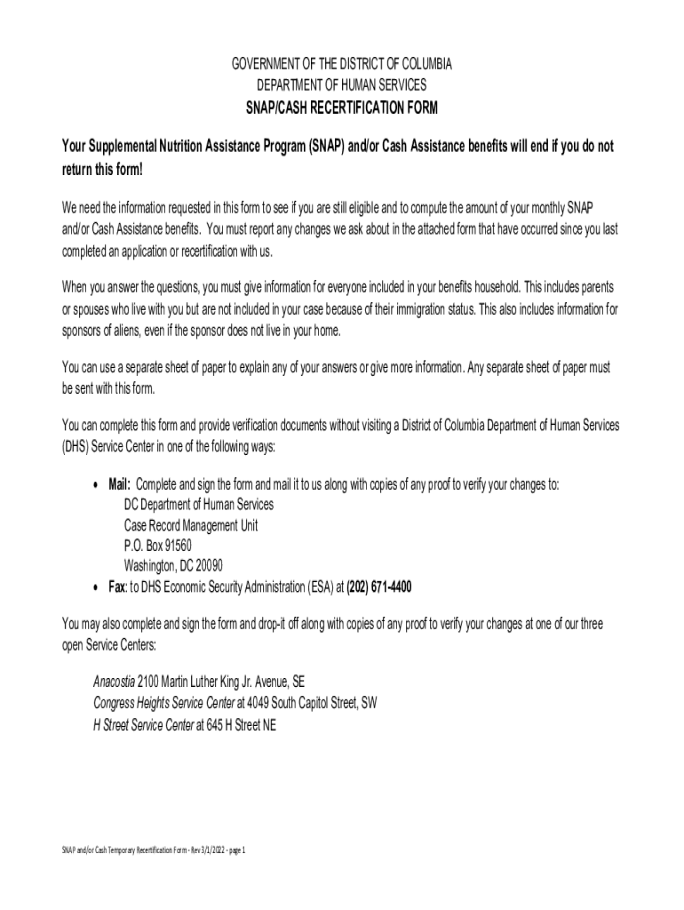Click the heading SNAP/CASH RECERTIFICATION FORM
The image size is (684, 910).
point(342,109)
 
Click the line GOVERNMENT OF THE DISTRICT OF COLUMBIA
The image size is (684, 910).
point(342,66)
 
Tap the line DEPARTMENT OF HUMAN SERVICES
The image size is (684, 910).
point(342,85)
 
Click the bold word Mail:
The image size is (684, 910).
point(120,484)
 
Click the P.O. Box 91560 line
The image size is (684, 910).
point(157,546)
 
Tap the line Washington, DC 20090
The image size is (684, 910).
point(173,566)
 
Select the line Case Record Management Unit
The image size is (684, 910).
point(191,525)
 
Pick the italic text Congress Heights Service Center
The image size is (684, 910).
point(164,703)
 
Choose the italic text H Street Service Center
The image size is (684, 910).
point(143,724)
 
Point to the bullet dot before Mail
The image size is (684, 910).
point(95,485)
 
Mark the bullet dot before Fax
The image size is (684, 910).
point(95,588)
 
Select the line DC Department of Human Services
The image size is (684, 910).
point(199,505)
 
